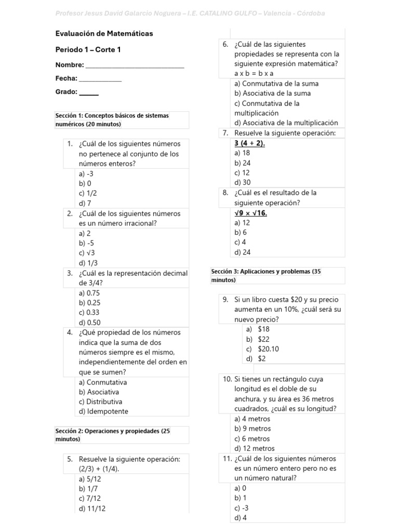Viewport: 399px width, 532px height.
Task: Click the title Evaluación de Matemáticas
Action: (104, 33)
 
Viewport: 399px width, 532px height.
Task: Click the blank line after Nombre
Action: (135, 66)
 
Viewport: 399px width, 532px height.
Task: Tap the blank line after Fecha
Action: (100, 79)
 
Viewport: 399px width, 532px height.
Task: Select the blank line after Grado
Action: (89, 93)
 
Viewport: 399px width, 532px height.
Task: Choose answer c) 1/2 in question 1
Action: (88, 193)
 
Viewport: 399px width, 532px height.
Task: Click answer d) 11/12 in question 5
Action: (92, 509)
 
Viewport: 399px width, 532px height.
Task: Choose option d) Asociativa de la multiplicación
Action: (286, 123)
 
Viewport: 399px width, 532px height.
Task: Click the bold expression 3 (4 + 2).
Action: (250, 143)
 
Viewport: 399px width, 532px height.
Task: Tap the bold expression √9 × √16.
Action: (251, 213)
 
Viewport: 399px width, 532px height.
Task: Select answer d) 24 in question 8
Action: (242, 252)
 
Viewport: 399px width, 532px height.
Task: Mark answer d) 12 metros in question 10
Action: (255, 448)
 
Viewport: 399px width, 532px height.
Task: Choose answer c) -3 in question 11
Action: (242, 508)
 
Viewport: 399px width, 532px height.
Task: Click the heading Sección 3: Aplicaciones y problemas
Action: (267, 275)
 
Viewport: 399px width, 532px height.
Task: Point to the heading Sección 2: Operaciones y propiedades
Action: (113, 435)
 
